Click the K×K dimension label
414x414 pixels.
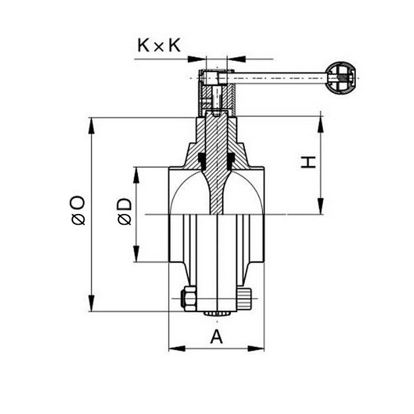tap(159, 46)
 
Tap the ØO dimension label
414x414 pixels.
tap(79, 211)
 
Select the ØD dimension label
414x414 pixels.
tap(124, 212)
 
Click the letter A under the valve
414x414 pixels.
tap(217, 337)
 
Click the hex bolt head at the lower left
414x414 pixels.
tap(189, 298)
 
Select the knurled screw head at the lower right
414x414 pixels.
tap(245, 298)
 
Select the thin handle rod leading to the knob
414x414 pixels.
tap(278, 77)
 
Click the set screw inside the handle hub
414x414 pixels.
tap(217, 101)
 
